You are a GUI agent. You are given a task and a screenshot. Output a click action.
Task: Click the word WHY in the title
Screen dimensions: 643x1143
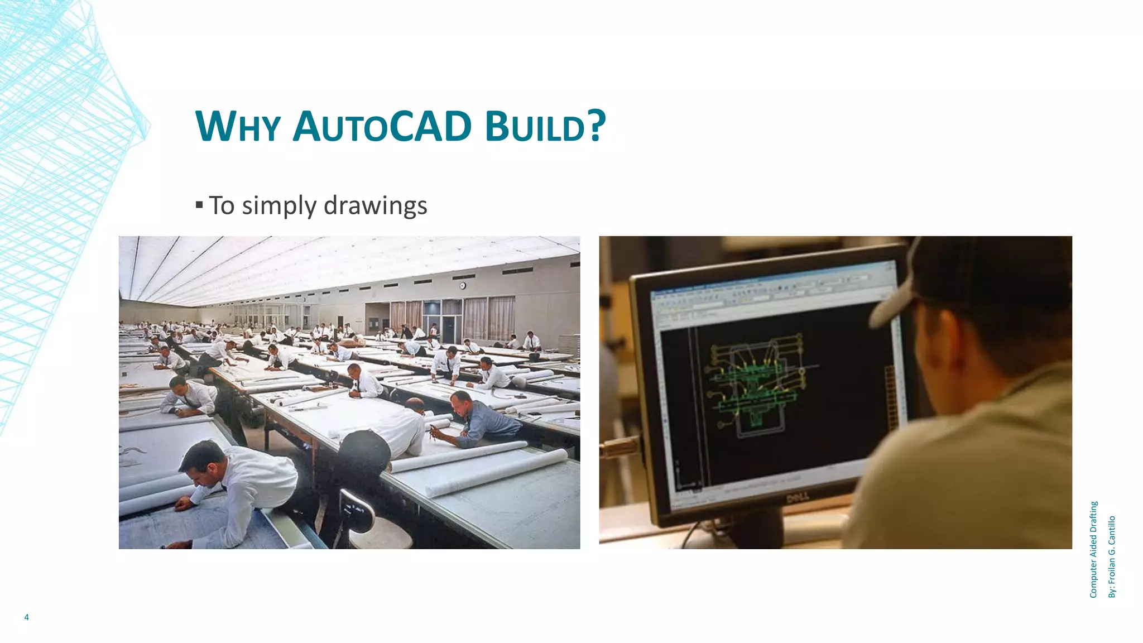pos(237,127)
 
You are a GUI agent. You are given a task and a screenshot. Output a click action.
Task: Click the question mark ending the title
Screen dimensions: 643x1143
pos(597,126)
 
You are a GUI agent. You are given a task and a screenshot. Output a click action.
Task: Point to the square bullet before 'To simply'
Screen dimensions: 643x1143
pos(199,205)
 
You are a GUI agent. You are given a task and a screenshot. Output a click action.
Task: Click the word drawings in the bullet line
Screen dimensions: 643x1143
pos(375,205)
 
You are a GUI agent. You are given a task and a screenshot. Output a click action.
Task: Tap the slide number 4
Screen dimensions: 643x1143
pos(26,617)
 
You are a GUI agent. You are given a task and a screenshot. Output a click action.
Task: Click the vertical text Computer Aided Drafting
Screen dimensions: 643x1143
pos(1093,549)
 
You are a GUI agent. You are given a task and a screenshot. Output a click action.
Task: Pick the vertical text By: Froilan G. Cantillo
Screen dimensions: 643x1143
pos(1112,556)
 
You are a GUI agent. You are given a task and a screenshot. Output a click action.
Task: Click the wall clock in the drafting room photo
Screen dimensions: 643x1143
pos(463,286)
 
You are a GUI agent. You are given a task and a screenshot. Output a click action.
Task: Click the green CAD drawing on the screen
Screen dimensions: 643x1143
pos(756,385)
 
